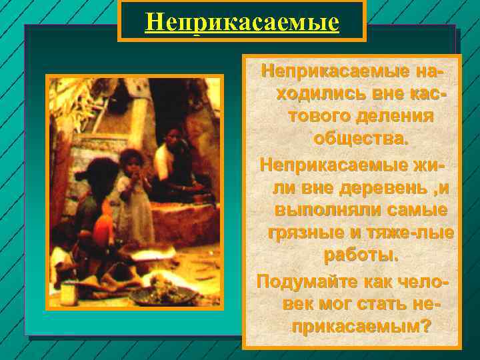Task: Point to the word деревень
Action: point(377,188)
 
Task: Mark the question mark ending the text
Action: point(426,327)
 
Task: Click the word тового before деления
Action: point(319,117)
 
